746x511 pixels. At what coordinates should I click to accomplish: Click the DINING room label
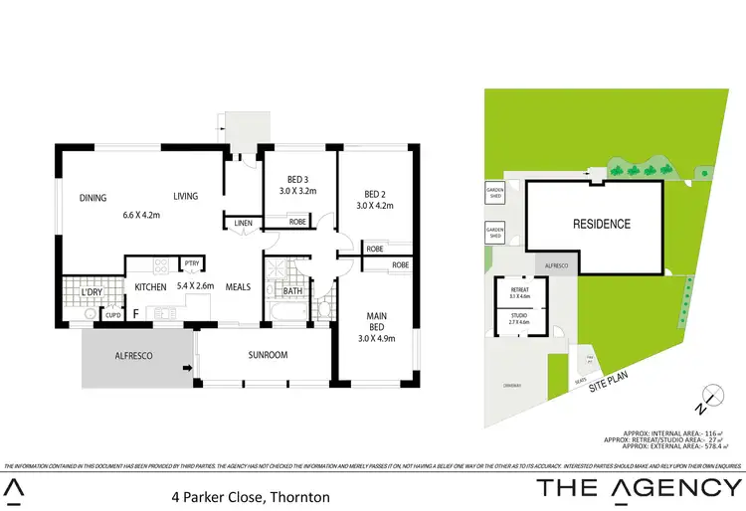[93, 197]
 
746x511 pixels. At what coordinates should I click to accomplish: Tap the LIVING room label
[186, 197]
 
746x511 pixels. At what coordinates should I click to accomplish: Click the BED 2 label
[375, 195]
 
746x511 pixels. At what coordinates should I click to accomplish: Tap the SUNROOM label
[268, 355]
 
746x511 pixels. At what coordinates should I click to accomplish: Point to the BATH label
[292, 291]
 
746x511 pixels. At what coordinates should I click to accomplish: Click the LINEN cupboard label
[244, 224]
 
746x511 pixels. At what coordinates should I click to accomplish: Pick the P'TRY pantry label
[190, 264]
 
